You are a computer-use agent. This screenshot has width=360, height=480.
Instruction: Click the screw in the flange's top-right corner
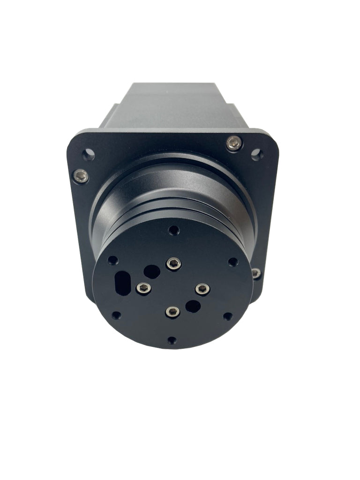pyautogui.click(x=234, y=143)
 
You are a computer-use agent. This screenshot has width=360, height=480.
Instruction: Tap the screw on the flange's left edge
pyautogui.click(x=81, y=176)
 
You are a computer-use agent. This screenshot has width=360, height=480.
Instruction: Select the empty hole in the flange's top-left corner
pyautogui.click(x=88, y=154)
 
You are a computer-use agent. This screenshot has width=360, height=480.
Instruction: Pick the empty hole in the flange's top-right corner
pyautogui.click(x=256, y=154)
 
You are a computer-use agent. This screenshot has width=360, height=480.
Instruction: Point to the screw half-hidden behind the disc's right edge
pyautogui.click(x=256, y=273)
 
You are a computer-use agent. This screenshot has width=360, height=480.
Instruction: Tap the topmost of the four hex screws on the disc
pyautogui.click(x=174, y=264)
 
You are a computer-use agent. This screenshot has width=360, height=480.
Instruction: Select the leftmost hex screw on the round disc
pyautogui.click(x=143, y=288)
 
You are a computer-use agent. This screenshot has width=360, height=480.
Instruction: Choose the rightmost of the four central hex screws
pyautogui.click(x=202, y=289)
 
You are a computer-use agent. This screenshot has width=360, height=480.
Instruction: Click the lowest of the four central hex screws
pyautogui.click(x=172, y=312)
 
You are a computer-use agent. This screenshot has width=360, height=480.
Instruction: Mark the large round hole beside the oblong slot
pyautogui.click(x=151, y=271)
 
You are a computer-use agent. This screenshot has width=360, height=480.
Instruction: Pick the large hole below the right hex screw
pyautogui.click(x=193, y=307)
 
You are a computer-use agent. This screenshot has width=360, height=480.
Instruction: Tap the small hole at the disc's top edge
pyautogui.click(x=174, y=230)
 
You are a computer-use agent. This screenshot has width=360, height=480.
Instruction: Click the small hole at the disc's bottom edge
pyautogui.click(x=172, y=340)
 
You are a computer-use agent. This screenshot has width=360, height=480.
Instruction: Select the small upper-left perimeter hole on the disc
pyautogui.click(x=113, y=260)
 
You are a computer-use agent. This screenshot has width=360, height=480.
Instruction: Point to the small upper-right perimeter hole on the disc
pyautogui.click(x=232, y=262)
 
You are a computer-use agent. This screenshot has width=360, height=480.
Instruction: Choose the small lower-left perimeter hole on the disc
pyautogui.click(x=116, y=315)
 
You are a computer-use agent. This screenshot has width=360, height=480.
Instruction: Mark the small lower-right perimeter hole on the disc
pyautogui.click(x=227, y=316)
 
